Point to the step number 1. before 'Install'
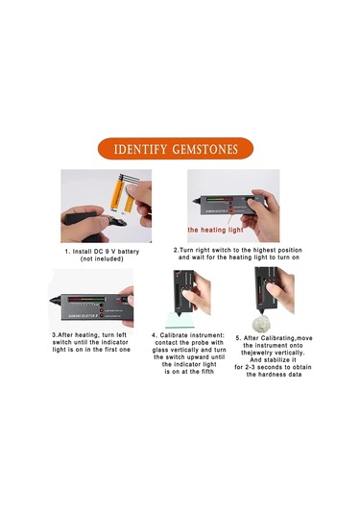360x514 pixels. (x=68, y=251)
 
